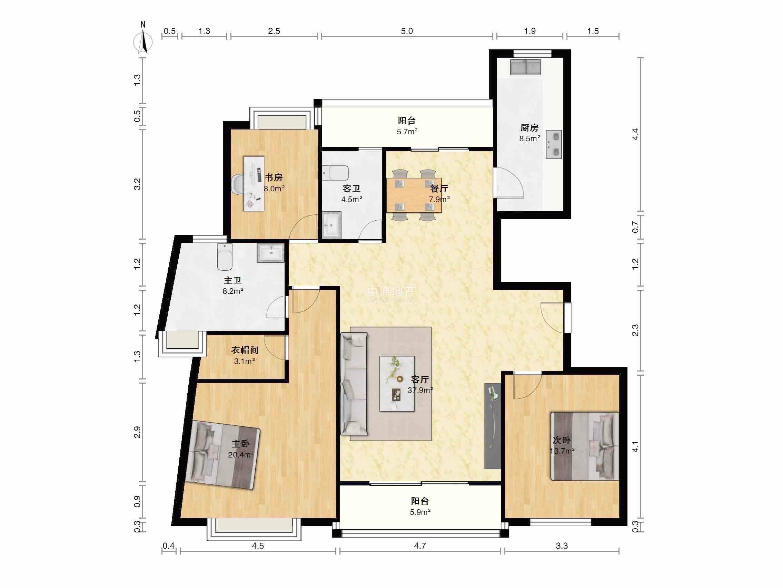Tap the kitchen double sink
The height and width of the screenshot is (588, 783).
526,67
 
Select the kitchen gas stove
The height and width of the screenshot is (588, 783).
554,145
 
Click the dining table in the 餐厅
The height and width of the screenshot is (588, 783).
414,195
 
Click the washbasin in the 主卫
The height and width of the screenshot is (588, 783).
271,253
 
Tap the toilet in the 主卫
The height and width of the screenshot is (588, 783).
225,257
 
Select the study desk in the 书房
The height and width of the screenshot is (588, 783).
254,184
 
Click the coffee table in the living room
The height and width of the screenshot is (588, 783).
397,384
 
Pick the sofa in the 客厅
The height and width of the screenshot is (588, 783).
354,384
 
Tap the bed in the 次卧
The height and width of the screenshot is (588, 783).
584,446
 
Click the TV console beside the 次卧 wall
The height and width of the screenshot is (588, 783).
492,426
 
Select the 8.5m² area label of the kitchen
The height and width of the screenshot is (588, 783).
530,138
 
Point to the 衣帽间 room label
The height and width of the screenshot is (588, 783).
245,350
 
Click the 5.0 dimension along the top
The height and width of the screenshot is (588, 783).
407,31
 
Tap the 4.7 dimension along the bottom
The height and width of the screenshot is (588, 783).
420,546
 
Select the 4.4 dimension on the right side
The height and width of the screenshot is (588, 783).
635,134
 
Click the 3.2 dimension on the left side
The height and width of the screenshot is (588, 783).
137,184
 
